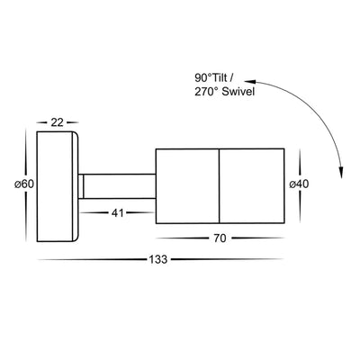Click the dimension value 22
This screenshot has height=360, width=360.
tap(57, 122)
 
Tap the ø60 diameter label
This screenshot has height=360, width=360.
tap(24, 184)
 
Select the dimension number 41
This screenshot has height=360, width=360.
tap(117, 213)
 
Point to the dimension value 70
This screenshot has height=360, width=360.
tap(220, 238)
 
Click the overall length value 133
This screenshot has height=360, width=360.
tap(158, 259)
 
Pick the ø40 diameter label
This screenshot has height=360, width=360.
tap(299, 184)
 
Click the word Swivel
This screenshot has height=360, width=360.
tap(238, 92)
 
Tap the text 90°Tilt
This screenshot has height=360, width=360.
tap(210, 78)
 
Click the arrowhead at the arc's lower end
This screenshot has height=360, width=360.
tap(341, 174)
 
